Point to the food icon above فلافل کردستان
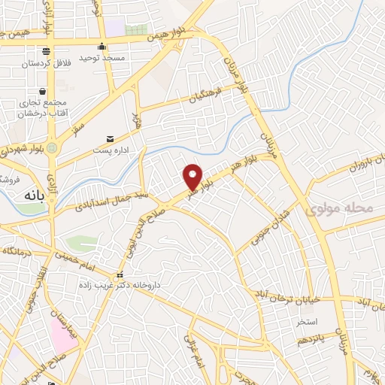pyautogui.click(x=47, y=51)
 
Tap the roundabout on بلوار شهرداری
pyautogui.click(x=51, y=148)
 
